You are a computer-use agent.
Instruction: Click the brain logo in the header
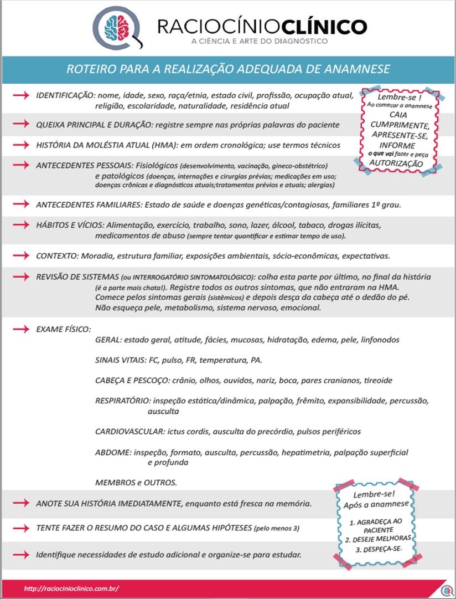pos(118,26)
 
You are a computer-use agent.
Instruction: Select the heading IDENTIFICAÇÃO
pos(65,95)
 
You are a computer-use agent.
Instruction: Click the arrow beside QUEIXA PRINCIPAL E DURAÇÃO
pos(20,124)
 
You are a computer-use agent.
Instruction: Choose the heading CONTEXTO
pos(57,256)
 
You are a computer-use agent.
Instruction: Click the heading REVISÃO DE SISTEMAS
pos(76,277)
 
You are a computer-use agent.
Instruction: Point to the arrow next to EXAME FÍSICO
pos(20,329)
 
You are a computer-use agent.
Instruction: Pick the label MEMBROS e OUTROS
pos(136,483)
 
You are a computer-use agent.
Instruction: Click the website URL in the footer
pos(71,588)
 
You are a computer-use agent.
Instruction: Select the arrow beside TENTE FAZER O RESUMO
pos(20,528)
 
